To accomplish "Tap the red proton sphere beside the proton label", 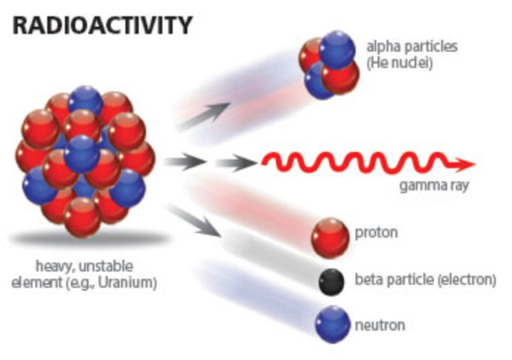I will [x=330, y=237].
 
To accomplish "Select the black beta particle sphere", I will [x=330, y=281].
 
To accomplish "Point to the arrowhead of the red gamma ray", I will [x=466, y=164].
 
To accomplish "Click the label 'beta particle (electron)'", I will [x=425, y=280].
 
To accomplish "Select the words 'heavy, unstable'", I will [x=82, y=266].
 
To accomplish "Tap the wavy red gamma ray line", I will [x=360, y=164].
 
